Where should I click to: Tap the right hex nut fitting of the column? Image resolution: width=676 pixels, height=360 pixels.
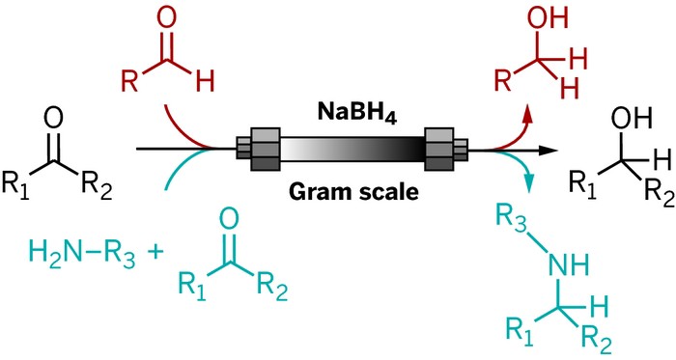pos(442,150)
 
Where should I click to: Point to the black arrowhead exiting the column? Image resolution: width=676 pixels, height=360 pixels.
pos(550,151)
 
